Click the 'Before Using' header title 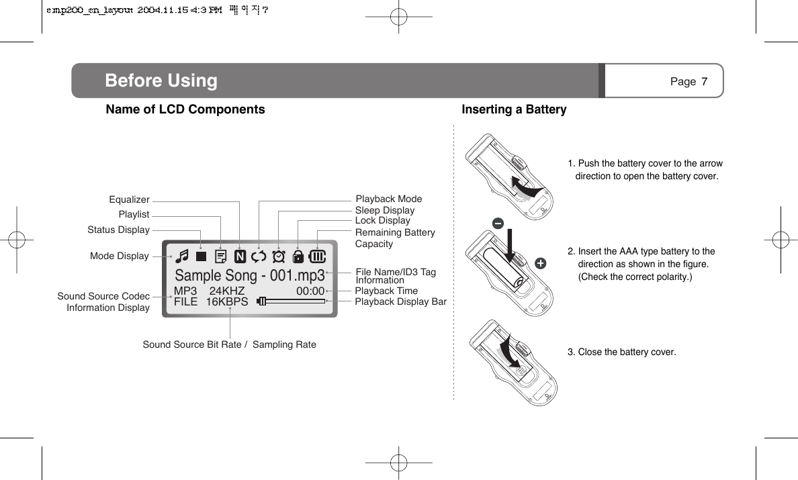click(161, 81)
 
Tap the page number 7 click(704, 82)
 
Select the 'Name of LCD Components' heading click(185, 109)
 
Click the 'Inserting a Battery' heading click(514, 109)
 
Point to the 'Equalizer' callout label click(129, 199)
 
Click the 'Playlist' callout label click(134, 214)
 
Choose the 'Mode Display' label click(119, 256)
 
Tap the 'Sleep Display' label click(384, 210)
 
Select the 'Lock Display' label click(382, 220)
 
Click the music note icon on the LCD click(181, 256)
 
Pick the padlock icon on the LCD click(298, 256)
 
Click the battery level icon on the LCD click(318, 256)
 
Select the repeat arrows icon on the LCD click(259, 256)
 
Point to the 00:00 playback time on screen click(310, 291)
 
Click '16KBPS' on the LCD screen click(226, 302)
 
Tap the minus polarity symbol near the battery click(498, 223)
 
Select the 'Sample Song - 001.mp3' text click(249, 276)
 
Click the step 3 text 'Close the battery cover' click(621, 352)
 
